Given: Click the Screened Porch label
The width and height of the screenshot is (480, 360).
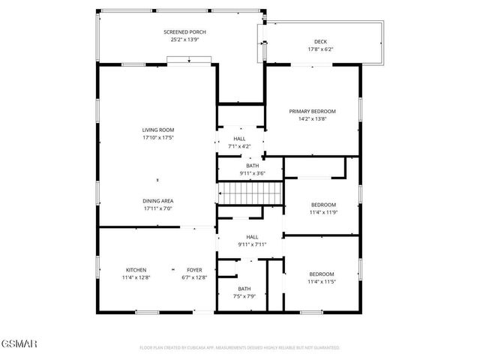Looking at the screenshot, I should point(185,32).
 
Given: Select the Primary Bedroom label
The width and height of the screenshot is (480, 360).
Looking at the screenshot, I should point(312,111).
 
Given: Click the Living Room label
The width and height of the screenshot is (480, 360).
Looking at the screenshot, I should point(157,130).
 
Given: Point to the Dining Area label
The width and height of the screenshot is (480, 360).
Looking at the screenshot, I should point(157,201).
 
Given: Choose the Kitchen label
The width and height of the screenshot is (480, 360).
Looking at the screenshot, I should point(136,270).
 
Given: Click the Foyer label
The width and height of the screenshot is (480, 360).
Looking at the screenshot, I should point(194,270).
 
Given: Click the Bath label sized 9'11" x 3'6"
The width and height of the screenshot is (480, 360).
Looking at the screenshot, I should point(253,166).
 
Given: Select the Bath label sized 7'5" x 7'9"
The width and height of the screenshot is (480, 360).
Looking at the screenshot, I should point(244,289).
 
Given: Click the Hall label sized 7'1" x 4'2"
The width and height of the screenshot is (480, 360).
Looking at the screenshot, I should point(239,139).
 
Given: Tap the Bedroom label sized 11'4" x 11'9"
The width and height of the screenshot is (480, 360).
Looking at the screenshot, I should point(323,205).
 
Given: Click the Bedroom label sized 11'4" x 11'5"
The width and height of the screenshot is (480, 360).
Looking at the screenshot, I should point(321,274).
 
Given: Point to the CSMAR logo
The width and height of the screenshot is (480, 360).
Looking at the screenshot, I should point(19,344).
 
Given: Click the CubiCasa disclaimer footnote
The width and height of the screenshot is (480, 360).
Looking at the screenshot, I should point(240,348).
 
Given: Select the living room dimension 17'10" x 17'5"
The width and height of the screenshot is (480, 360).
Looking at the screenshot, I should point(157,138).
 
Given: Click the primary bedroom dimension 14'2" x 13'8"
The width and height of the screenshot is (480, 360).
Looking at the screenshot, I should point(312,118).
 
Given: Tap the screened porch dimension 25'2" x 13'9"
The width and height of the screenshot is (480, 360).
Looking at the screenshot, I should point(185,40).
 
